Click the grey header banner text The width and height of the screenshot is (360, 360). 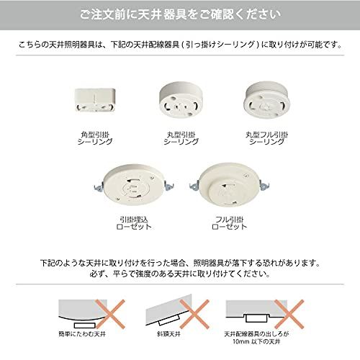click(180, 14)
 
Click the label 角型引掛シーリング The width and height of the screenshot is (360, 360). click(94, 138)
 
